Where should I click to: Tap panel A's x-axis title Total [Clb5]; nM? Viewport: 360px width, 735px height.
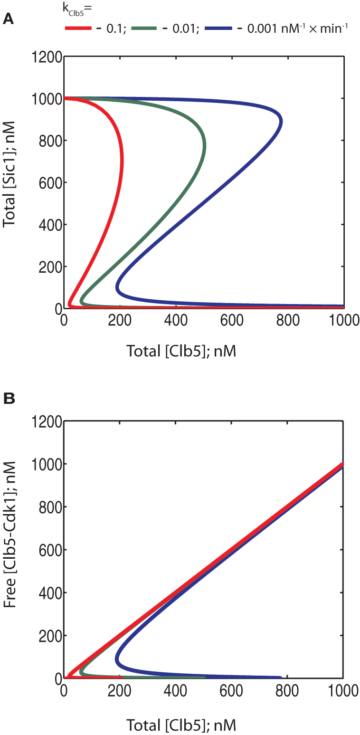[181, 351]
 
